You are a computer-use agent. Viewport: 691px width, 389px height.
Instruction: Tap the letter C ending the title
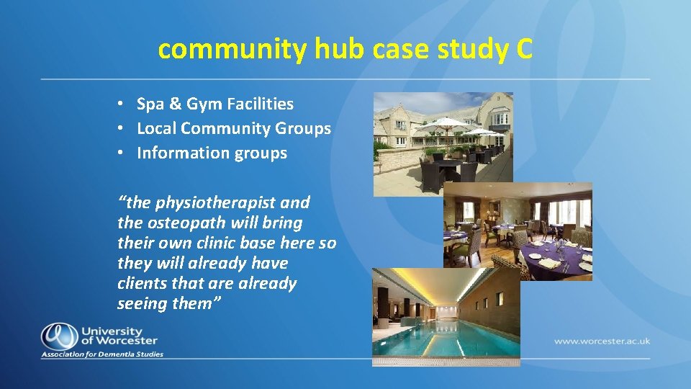[523, 49]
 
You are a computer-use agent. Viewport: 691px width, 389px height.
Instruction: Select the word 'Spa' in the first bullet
[150, 104]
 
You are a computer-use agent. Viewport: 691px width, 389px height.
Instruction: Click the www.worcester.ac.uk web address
[601, 341]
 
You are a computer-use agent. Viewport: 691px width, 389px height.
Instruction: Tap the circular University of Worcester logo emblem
[58, 336]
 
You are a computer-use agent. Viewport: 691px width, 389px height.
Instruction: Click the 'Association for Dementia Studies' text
[102, 354]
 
